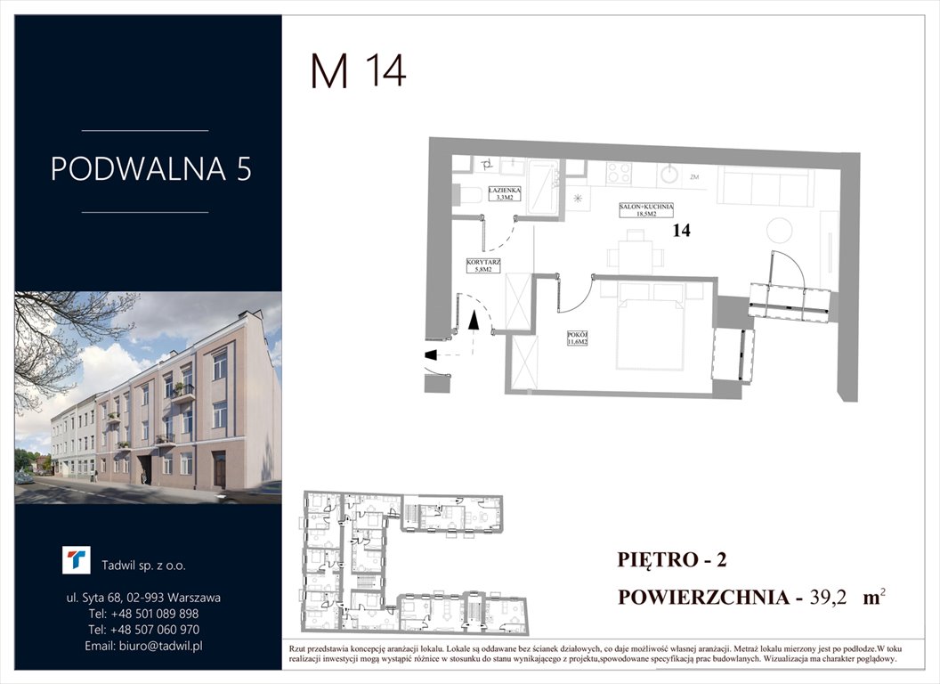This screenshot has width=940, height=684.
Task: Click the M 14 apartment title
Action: pos(358,71)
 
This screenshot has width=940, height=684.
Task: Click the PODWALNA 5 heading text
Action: pos(150,169)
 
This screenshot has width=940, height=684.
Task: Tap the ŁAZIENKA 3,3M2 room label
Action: pos(510,194)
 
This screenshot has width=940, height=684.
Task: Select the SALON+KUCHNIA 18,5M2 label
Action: pos(646,210)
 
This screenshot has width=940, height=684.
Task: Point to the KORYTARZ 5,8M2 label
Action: pos(484,265)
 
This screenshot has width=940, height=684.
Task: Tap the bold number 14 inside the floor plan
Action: pos(683,231)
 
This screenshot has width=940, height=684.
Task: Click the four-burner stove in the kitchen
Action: pos(620,170)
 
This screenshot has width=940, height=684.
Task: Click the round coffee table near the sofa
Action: pos(779,231)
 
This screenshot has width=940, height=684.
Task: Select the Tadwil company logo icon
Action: pos(77,560)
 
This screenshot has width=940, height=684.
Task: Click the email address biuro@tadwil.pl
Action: pos(144,646)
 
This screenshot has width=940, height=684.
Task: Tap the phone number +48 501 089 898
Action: pos(144,614)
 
